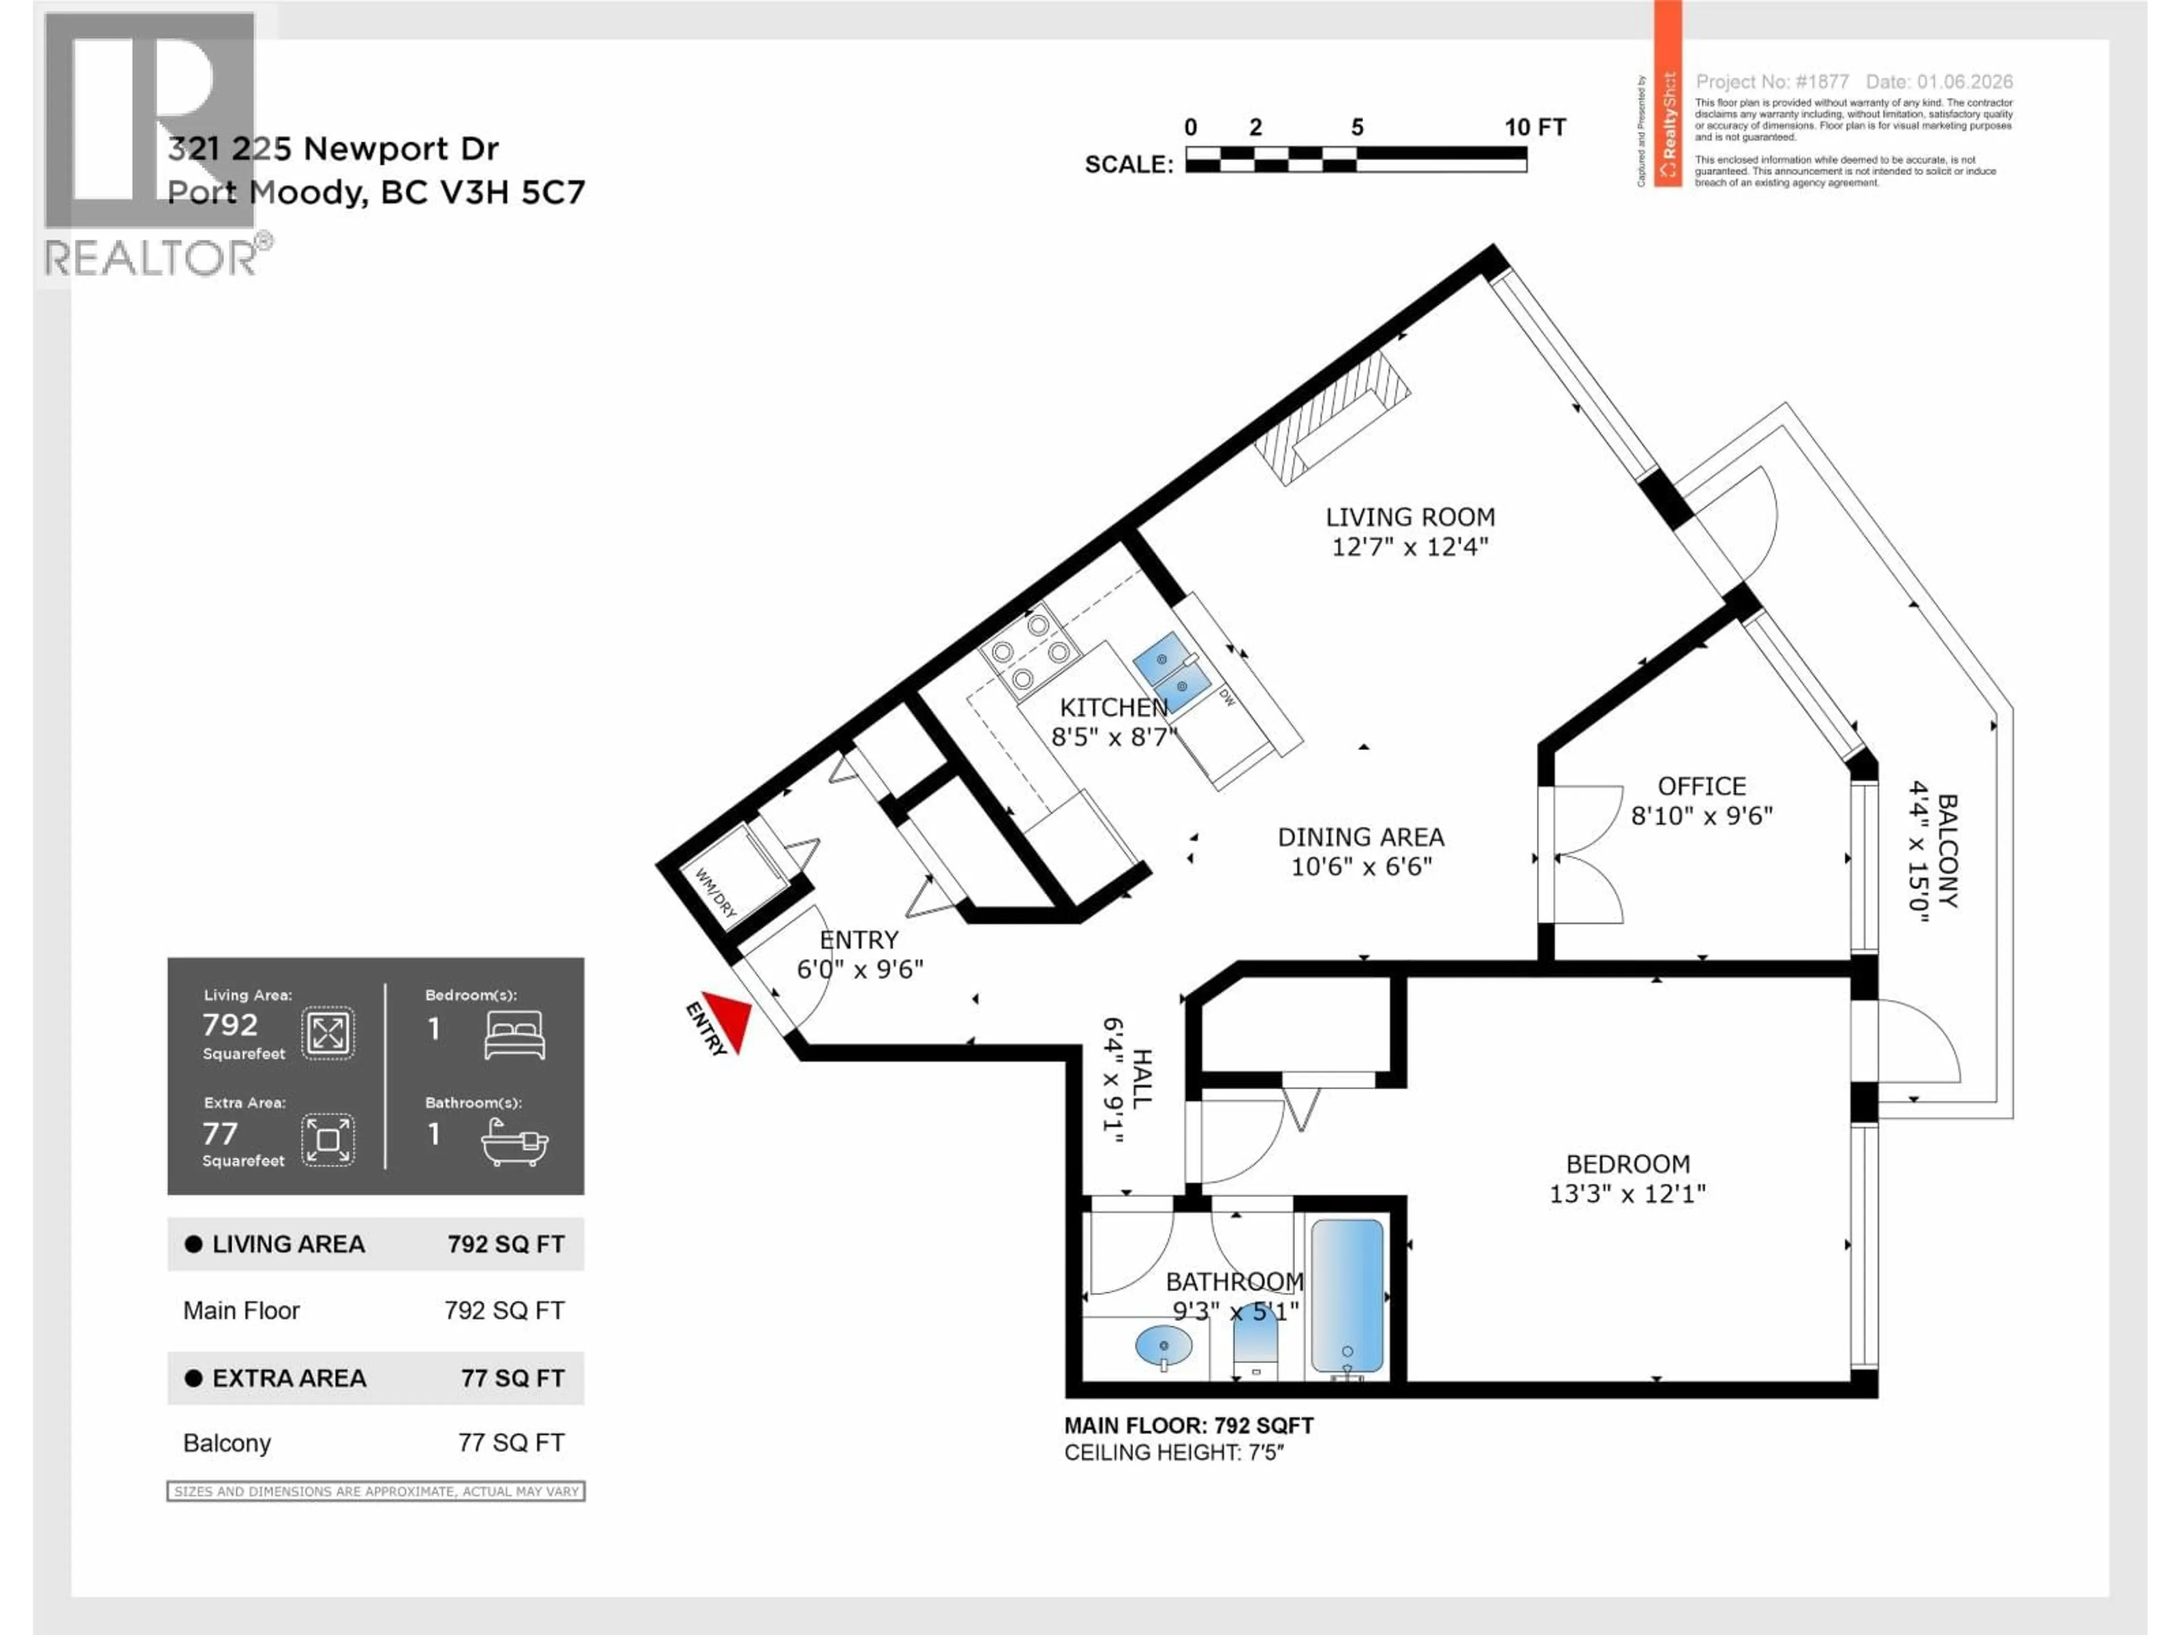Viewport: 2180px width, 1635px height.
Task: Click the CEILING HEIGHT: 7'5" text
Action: [1174, 1453]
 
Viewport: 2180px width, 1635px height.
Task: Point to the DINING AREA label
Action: [1360, 838]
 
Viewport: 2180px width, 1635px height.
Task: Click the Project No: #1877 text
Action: [1771, 82]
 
